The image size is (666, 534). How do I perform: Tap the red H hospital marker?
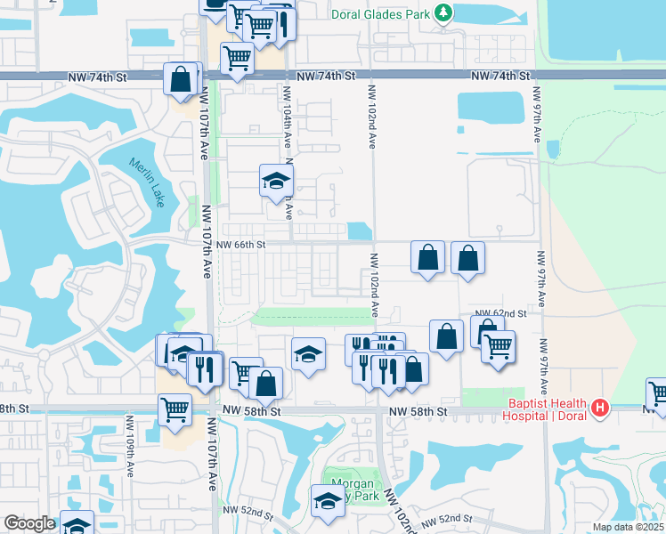pos(601,409)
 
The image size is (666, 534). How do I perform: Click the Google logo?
pos(29,523)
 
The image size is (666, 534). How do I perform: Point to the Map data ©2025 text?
pos(629,527)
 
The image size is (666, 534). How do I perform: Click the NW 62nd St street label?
pos(500,313)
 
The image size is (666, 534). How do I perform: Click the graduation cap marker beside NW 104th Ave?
pos(277,181)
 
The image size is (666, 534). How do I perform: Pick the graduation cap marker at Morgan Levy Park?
pos(328,501)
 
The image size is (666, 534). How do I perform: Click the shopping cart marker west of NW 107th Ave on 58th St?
pos(175,409)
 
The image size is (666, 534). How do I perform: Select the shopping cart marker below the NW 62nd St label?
pos(498,345)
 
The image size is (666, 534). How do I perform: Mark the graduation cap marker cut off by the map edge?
pos(77,524)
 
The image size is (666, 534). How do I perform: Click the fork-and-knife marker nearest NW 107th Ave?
pos(205,368)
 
